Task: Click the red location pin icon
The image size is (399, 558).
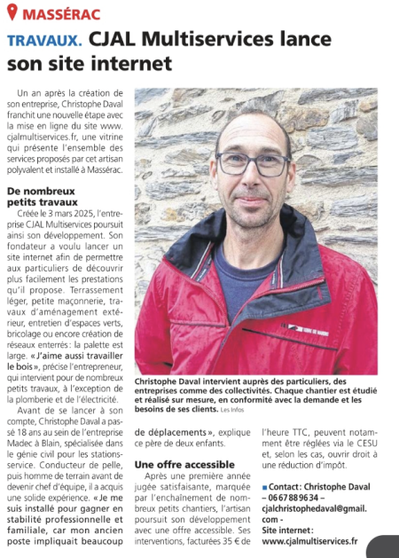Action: (x=11, y=13)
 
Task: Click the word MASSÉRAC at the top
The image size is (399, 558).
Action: (x=59, y=14)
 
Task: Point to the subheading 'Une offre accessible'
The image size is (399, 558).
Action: (x=184, y=464)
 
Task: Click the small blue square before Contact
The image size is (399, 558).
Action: (x=264, y=488)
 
